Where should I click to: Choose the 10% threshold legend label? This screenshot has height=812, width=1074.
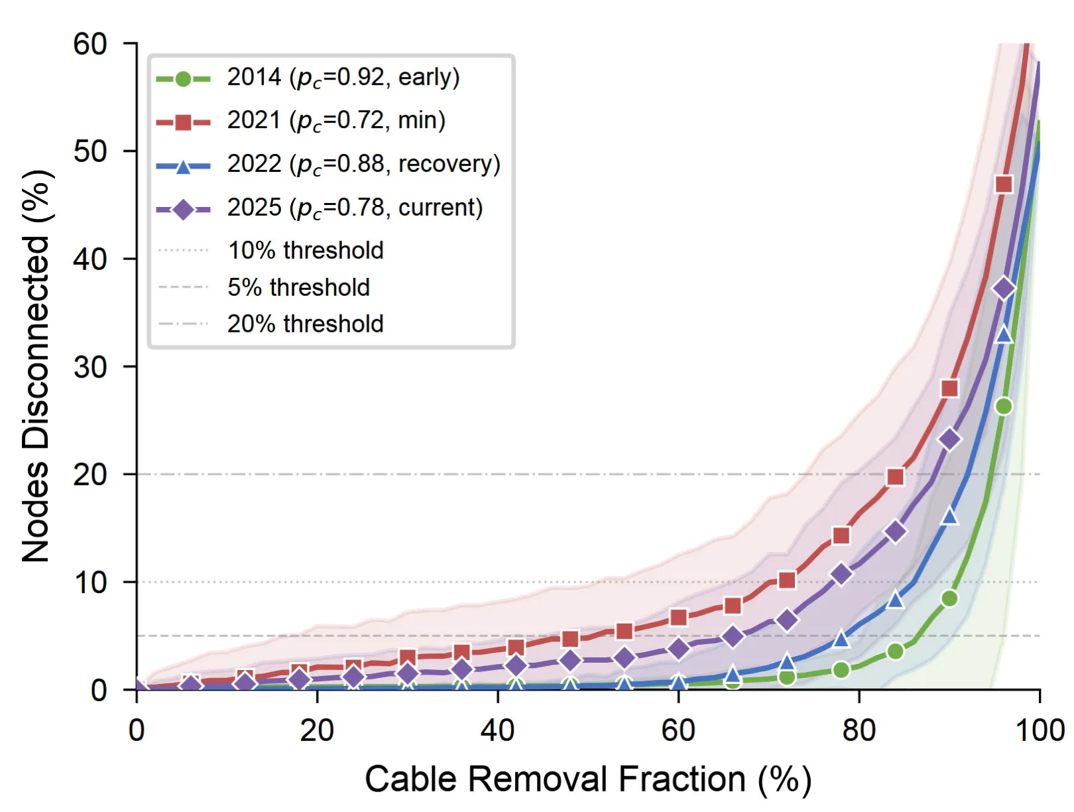306,250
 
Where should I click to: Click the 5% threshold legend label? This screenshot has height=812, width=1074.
298,287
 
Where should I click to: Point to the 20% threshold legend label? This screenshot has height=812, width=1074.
306,324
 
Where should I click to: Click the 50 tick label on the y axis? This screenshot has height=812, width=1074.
90,151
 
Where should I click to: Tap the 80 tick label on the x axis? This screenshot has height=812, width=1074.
859,731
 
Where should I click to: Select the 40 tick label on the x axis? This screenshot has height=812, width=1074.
498,731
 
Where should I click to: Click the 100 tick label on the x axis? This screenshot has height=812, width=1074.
1040,731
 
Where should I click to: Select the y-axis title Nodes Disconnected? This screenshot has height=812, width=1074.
36,366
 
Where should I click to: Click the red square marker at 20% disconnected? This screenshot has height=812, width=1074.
895,477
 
